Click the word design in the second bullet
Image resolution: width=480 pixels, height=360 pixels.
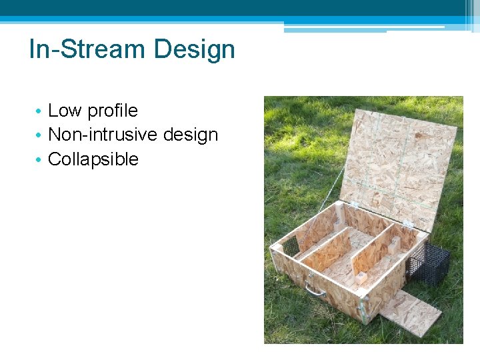click(191, 135)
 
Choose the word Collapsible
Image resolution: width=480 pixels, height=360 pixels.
click(93, 160)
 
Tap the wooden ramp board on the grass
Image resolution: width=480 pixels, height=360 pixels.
click(407, 311)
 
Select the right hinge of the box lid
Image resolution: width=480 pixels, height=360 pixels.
click(407, 224)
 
